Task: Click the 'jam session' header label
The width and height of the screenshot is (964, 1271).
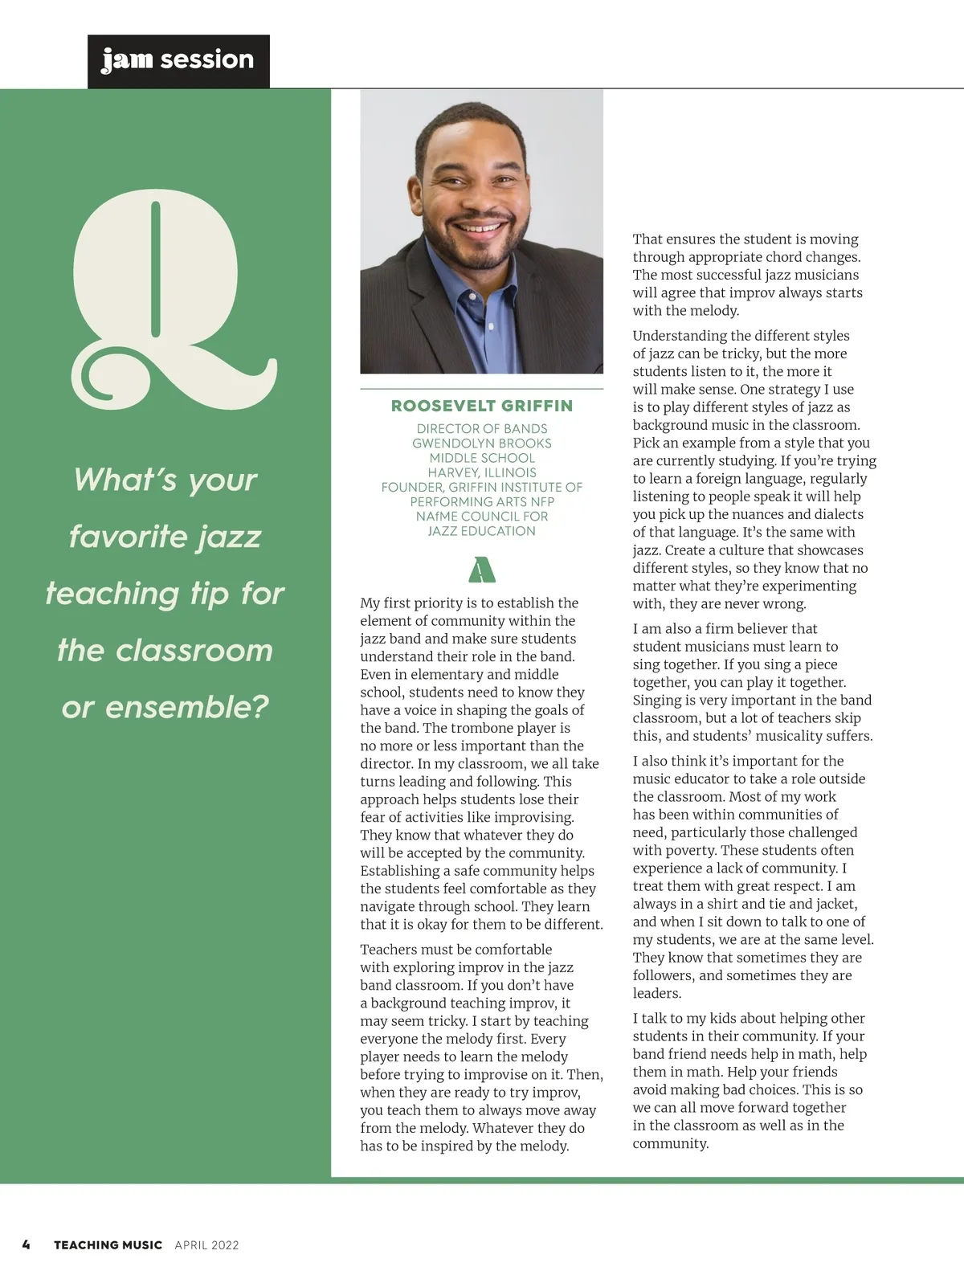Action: [x=178, y=60]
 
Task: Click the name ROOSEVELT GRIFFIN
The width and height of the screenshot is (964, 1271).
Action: [x=482, y=406]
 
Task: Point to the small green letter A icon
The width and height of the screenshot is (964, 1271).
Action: [x=481, y=570]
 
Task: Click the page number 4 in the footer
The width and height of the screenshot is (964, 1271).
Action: [x=27, y=1244]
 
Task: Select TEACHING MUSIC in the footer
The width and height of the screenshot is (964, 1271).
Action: [x=108, y=1244]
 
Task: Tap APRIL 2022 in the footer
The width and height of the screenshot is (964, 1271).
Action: [x=206, y=1244]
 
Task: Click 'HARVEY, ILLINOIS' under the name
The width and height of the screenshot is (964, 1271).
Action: [x=482, y=472]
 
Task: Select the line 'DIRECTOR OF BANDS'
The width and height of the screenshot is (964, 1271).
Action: [x=482, y=429]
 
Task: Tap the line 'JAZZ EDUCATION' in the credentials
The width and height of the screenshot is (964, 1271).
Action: [x=482, y=530]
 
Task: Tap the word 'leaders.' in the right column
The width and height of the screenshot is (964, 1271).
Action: [x=656, y=993]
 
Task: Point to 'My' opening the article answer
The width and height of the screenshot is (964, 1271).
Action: [x=370, y=603]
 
